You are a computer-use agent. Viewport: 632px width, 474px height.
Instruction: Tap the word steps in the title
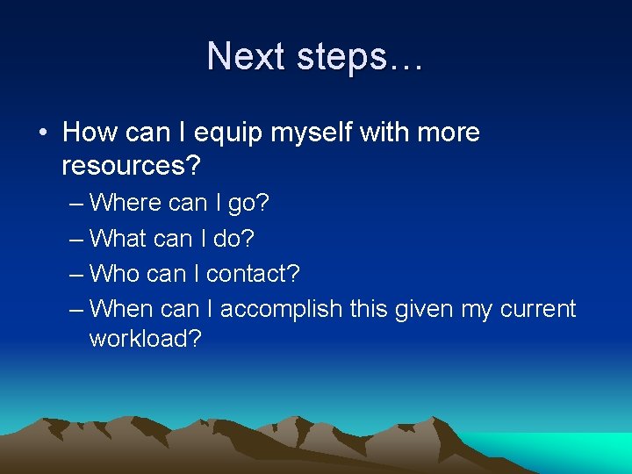pyautogui.click(x=344, y=57)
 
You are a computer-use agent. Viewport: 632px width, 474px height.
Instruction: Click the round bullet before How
pyautogui.click(x=42, y=133)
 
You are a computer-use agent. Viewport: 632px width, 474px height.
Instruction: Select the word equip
pyautogui.click(x=226, y=133)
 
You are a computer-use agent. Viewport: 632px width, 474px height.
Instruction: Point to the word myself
pyautogui.click(x=310, y=133)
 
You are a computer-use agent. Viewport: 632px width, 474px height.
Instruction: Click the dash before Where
pyautogui.click(x=75, y=204)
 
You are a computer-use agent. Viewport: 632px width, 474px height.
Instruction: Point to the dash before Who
pyautogui.click(x=75, y=274)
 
